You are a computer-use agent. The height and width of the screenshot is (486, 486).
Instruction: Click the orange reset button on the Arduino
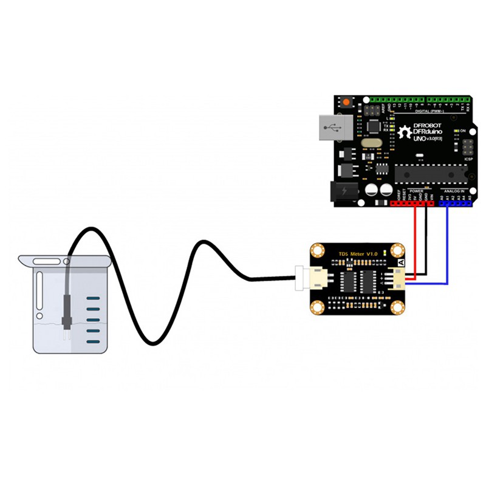[347, 102]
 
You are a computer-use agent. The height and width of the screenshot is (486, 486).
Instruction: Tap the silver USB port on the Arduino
[334, 128]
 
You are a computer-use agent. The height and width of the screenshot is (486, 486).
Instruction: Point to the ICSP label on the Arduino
[468, 160]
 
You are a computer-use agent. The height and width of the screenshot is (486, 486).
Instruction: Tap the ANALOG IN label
[454, 191]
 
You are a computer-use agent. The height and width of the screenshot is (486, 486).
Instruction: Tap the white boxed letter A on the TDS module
[400, 262]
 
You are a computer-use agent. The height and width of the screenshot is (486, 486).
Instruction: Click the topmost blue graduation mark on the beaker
[92, 298]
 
